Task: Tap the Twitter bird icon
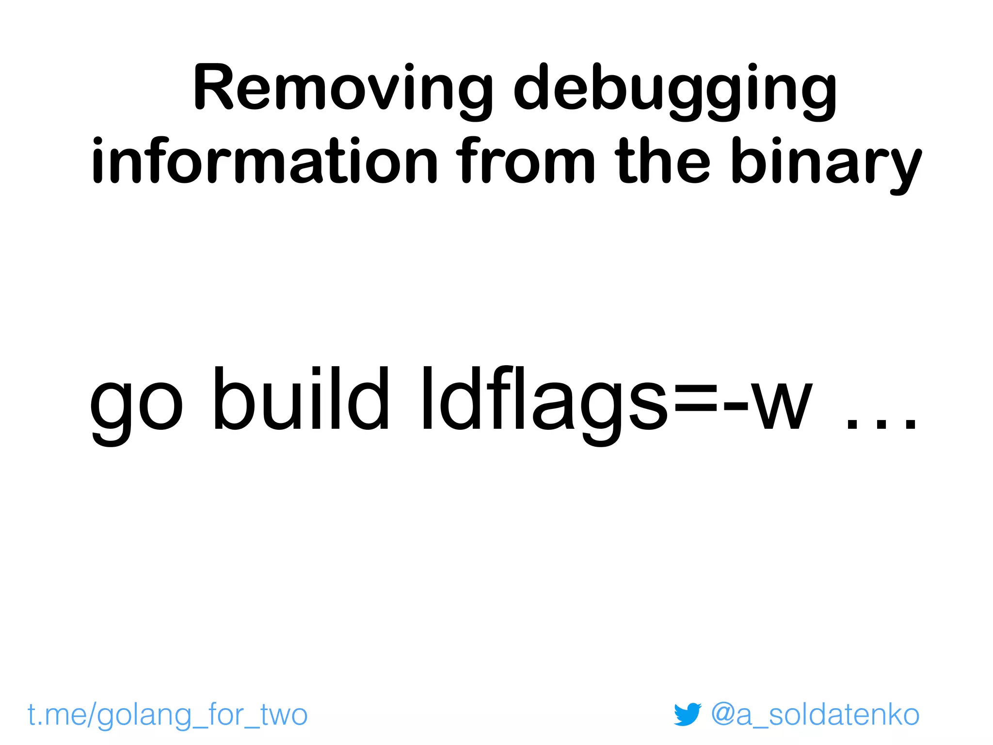coord(688,714)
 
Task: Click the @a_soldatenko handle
coord(815,714)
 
